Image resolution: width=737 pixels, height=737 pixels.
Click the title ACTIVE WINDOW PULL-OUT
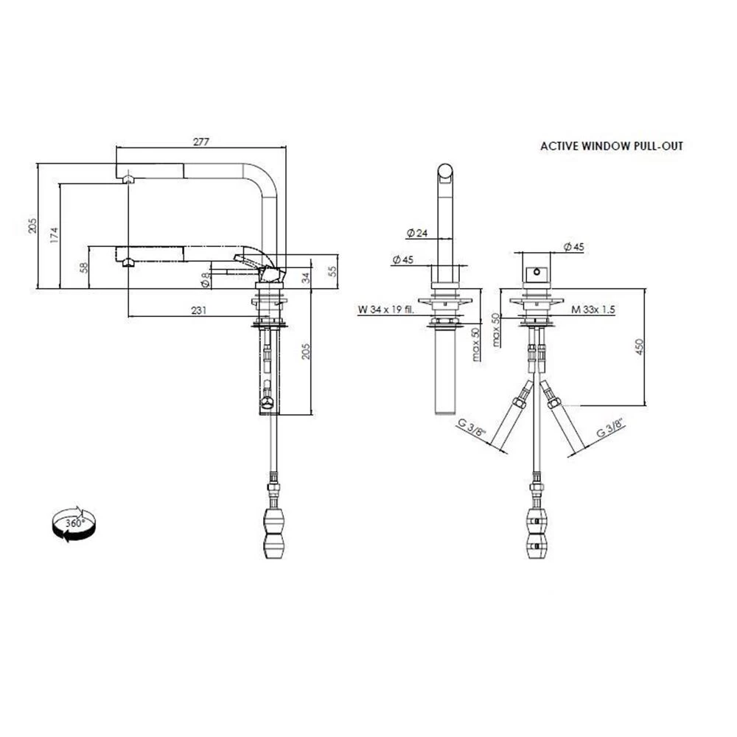[x=612, y=146]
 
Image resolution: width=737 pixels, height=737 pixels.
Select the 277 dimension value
[x=201, y=142]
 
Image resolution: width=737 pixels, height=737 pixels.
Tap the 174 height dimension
[x=55, y=235]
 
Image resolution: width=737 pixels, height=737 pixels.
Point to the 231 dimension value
[x=199, y=310]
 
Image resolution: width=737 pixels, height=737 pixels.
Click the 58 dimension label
[x=84, y=268]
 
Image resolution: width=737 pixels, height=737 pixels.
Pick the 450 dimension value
[x=639, y=347]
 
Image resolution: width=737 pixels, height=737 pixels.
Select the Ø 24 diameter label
[x=417, y=233]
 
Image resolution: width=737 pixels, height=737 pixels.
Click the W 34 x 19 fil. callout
[x=386, y=310]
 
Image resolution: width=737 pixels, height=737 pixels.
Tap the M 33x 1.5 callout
[x=593, y=310]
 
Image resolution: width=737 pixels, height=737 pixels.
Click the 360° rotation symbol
[x=74, y=525]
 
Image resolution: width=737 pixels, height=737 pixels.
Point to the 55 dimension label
[x=332, y=271]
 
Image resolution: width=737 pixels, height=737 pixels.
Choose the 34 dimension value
[x=306, y=277]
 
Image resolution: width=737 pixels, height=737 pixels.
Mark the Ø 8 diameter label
[x=205, y=280]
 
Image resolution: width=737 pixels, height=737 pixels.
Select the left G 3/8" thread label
[x=471, y=427]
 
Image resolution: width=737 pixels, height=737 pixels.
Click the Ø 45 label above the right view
[x=573, y=247]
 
